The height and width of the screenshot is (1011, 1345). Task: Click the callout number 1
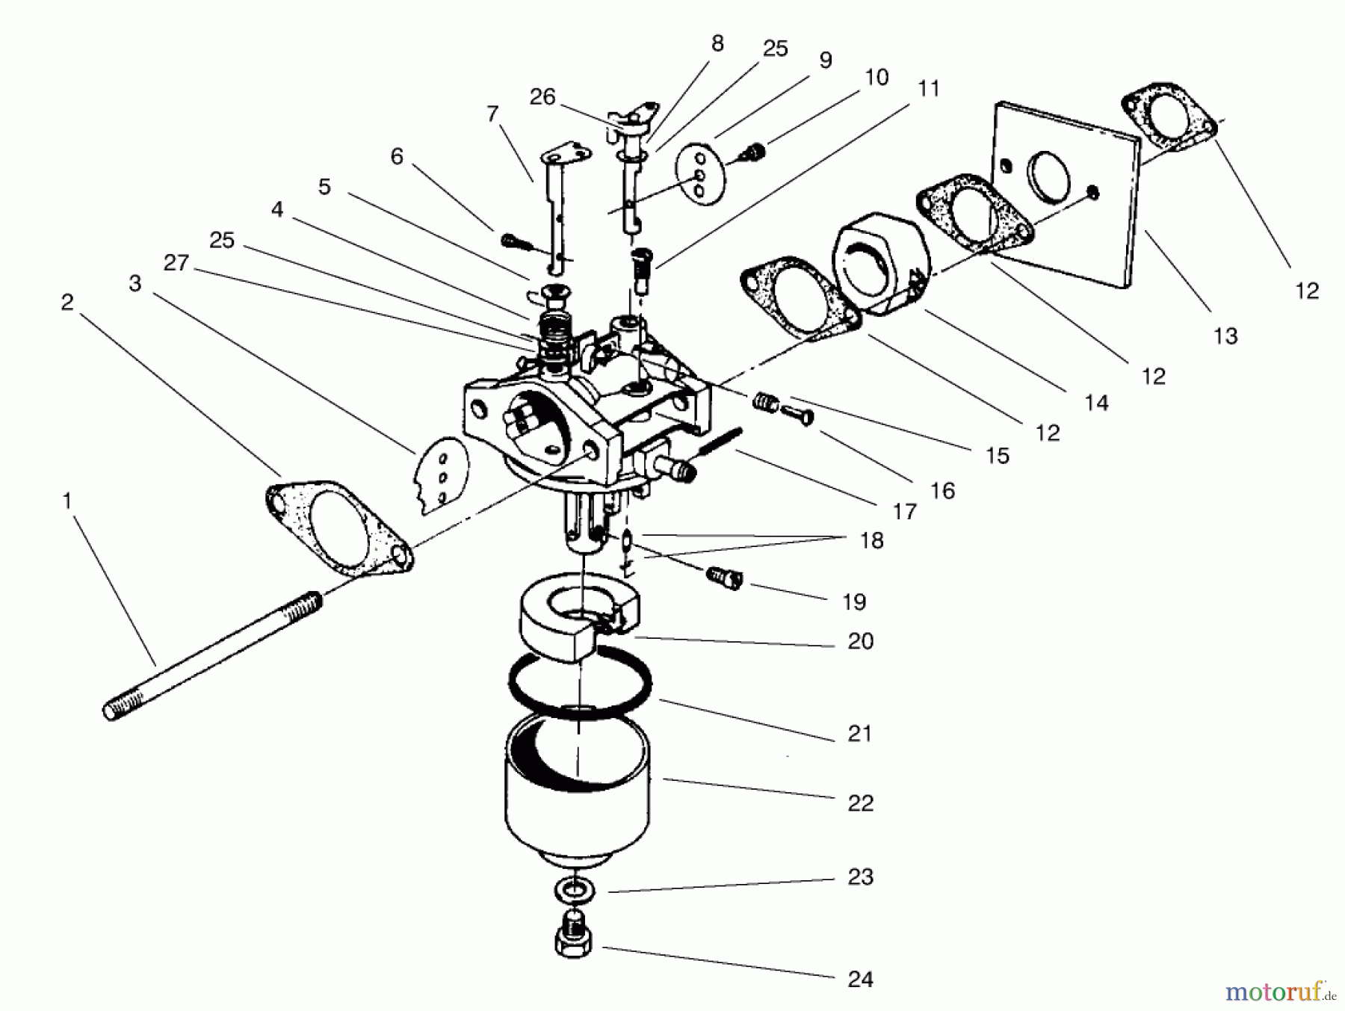(67, 501)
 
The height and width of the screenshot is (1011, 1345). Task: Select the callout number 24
(860, 978)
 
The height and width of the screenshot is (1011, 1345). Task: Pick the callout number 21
(859, 733)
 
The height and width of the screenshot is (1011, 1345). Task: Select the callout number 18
(871, 540)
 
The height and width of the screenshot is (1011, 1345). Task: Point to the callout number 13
(1225, 336)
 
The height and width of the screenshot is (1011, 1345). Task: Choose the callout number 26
(542, 97)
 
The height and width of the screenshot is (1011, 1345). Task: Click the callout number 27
(176, 262)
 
